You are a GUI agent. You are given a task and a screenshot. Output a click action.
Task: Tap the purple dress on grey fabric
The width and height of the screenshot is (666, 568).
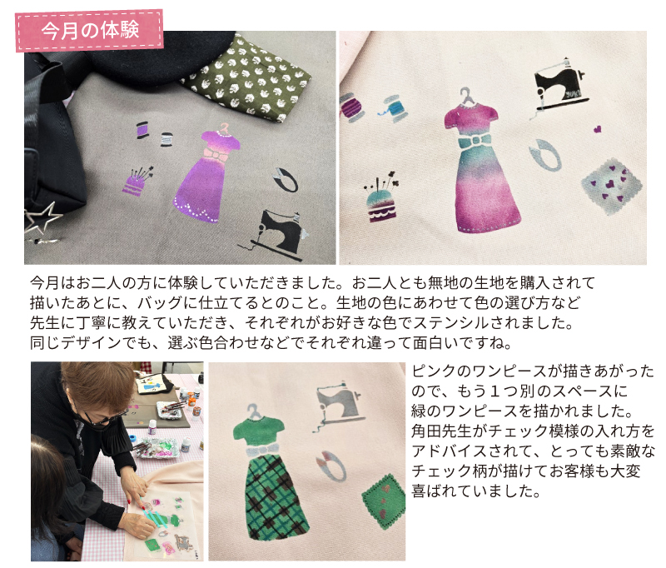tap(209, 179)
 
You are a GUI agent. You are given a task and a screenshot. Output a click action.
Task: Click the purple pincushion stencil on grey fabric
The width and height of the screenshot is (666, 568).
tap(135, 181)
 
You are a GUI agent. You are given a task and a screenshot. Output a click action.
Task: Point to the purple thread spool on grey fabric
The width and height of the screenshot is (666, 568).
tap(142, 131)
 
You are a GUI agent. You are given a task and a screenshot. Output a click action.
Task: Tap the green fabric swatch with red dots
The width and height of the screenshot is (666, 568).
tap(383, 500)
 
